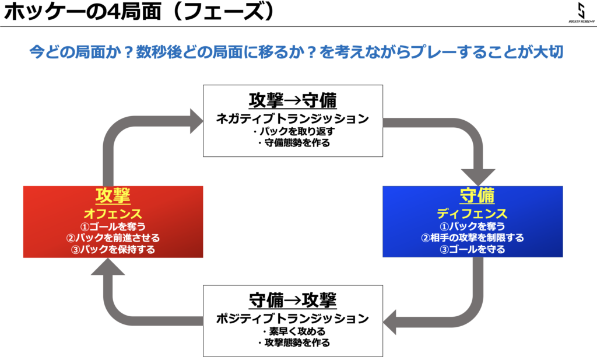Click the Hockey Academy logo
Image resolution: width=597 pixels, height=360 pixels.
581,12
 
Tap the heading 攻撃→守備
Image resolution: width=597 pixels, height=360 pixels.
293,100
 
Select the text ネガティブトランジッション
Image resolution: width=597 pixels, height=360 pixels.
293,119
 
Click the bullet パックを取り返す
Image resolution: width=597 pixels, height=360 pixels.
294,131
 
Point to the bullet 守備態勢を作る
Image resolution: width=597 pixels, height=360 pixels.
294,143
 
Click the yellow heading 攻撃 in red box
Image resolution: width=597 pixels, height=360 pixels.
113,196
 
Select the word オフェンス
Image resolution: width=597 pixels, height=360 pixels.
113,214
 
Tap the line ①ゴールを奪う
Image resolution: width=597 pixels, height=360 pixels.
113,226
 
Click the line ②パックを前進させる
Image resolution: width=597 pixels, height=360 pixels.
113,238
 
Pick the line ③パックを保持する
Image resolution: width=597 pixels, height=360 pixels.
113,250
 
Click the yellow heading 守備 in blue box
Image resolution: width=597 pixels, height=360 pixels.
477,196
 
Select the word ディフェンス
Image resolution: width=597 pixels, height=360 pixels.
472,214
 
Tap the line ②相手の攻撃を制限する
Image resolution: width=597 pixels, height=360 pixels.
472,238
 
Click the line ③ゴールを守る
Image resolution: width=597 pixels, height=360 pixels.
472,250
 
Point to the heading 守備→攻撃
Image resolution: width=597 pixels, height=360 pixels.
293,300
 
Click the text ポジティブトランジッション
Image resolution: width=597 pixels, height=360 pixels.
293,319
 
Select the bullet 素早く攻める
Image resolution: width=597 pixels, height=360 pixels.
294,331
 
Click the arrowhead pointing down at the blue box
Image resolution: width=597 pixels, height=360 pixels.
478,177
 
